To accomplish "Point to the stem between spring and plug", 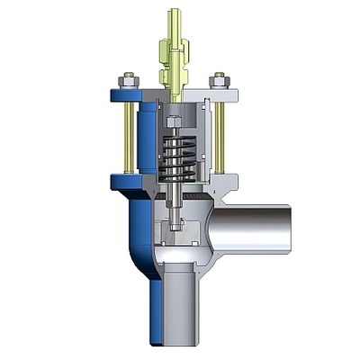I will (175, 193).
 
